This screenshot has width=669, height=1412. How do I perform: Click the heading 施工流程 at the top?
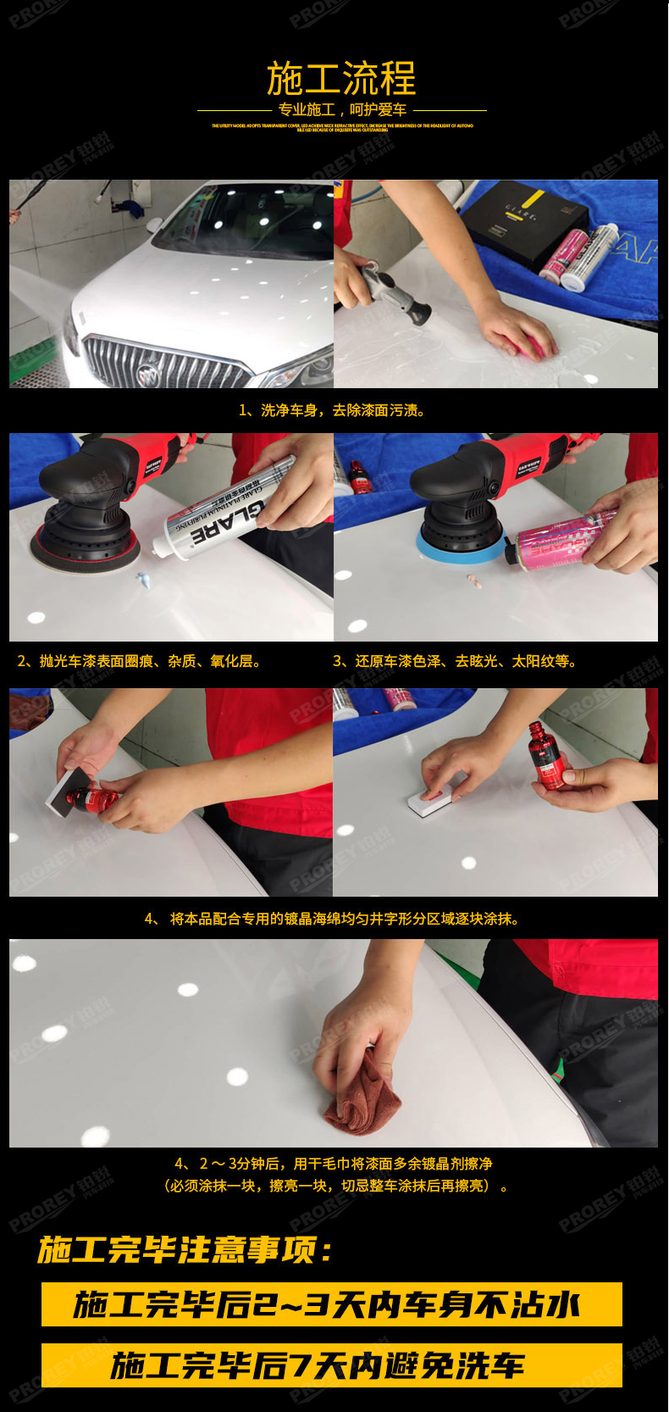[x=341, y=79]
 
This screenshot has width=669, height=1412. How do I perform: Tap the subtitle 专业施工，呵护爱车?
[x=342, y=110]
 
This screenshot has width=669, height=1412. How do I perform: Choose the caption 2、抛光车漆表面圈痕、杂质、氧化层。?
[x=140, y=661]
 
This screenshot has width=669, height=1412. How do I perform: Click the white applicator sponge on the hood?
[x=433, y=802]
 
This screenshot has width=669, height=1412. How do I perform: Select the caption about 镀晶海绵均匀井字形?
[x=332, y=919]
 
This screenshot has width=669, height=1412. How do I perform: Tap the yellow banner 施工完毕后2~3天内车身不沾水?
[x=332, y=1304]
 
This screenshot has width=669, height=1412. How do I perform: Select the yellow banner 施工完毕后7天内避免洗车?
[x=332, y=1365]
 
